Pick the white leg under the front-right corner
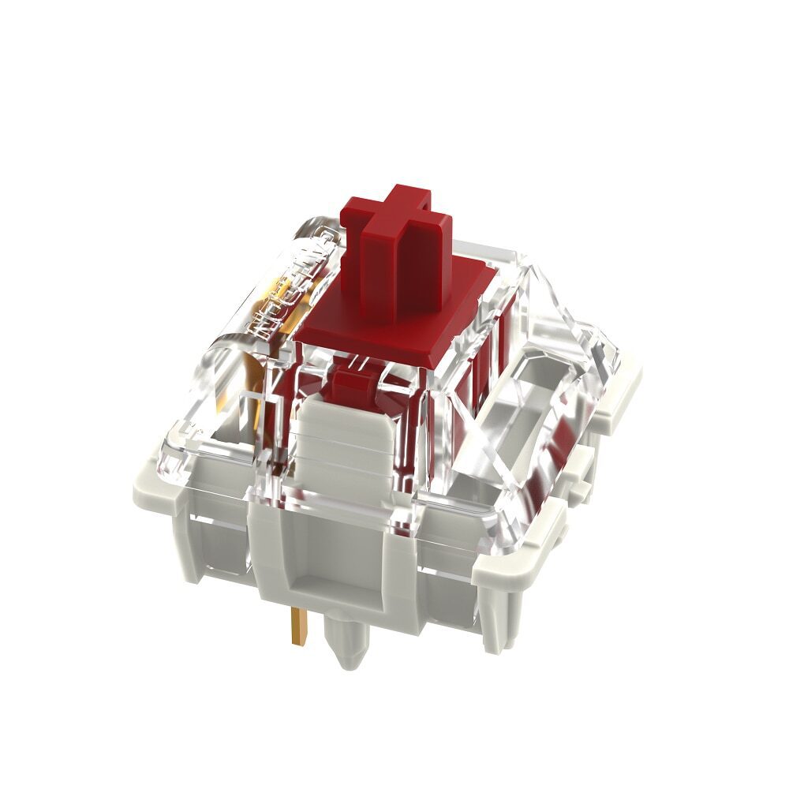(x=493, y=623)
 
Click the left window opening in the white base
(x=209, y=544)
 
